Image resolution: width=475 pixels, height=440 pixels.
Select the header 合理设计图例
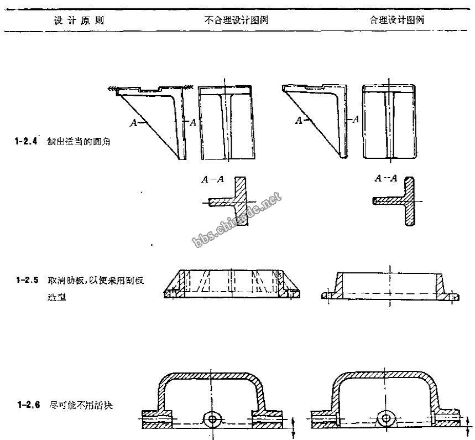click(396, 20)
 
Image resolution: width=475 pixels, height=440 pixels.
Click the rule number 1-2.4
click(26, 141)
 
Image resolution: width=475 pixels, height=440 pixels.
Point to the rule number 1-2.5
click(26, 280)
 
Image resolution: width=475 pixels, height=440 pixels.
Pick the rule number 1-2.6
click(26, 405)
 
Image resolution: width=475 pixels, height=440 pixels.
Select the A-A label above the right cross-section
click(386, 178)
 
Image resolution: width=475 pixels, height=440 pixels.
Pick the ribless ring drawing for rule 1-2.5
click(390, 287)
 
